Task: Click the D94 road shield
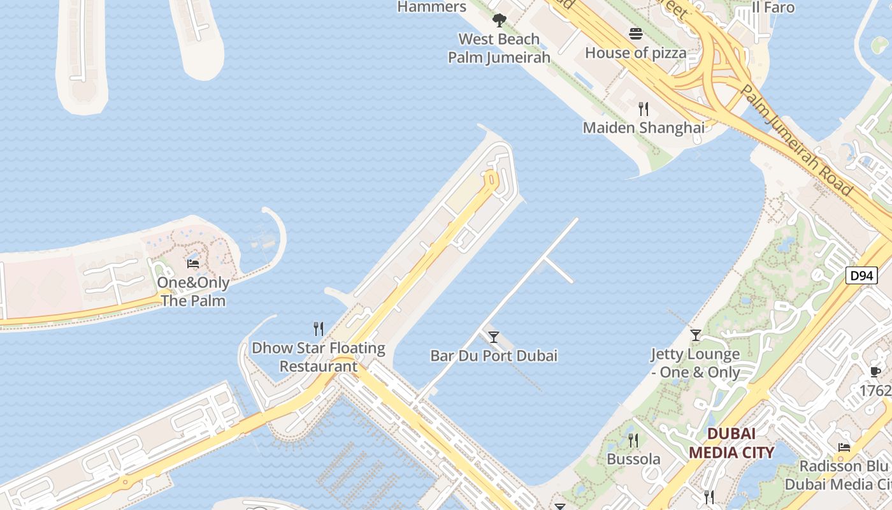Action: coord(861,275)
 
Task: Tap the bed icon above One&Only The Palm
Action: coord(193,263)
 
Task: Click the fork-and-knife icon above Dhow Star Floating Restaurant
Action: coord(319,329)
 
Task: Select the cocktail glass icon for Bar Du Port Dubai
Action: coord(493,337)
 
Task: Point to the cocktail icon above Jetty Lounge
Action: coord(696,335)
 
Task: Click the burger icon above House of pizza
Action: coord(636,34)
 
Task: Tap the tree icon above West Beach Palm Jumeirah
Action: coord(500,20)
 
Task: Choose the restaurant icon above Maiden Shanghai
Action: coord(644,109)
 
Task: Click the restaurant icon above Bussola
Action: coord(633,441)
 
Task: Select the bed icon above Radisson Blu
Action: coord(844,448)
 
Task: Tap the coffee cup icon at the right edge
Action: coord(875,372)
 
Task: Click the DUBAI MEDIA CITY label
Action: coord(731,443)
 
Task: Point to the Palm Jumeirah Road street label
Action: coord(796,141)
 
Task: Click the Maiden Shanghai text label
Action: coord(644,127)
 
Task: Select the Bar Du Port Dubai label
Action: coord(494,356)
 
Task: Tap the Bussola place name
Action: coord(633,459)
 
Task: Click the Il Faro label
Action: coord(773,8)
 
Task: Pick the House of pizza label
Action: coord(636,53)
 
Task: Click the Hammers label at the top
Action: coord(432,7)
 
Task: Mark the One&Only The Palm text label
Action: coord(194,291)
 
